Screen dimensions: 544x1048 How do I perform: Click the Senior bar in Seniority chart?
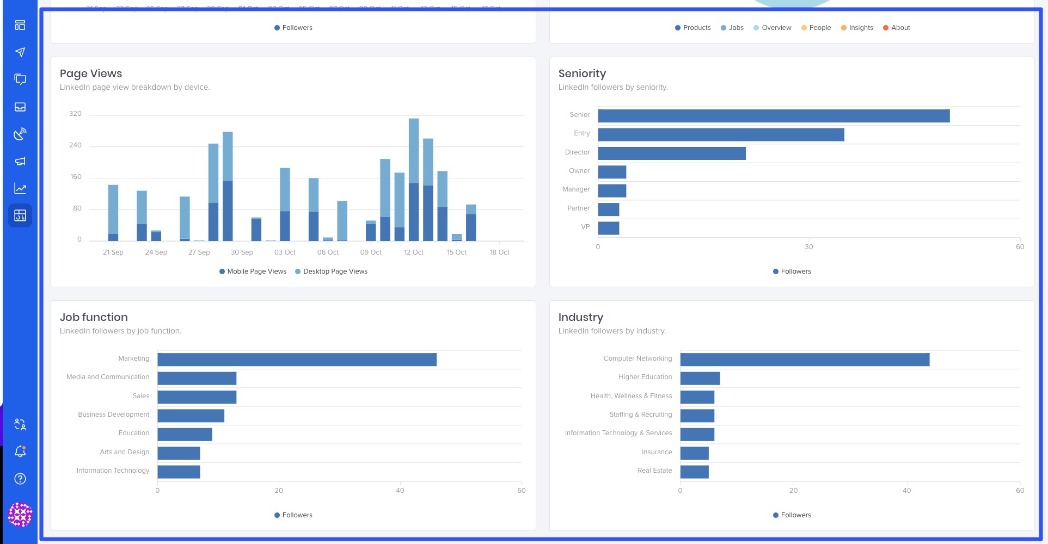point(773,116)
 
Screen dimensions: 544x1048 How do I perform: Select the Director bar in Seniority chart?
point(671,153)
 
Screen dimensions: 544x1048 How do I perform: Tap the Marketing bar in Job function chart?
point(297,360)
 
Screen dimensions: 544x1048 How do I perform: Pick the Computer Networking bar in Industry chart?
point(804,360)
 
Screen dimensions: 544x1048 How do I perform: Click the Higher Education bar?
point(700,378)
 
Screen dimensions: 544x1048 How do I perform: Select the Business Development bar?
point(191,416)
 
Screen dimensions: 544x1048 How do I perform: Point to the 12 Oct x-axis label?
point(413,252)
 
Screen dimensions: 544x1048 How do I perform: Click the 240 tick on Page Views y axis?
point(75,145)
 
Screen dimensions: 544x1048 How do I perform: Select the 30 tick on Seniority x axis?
point(808,247)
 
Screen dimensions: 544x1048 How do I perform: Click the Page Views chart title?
point(91,73)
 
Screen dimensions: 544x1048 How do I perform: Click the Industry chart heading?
point(580,317)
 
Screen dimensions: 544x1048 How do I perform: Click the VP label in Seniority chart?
point(585,227)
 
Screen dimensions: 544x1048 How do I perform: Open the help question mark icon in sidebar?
point(20,479)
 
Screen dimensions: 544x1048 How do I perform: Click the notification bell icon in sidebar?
point(20,452)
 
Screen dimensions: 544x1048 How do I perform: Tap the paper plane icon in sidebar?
point(20,52)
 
